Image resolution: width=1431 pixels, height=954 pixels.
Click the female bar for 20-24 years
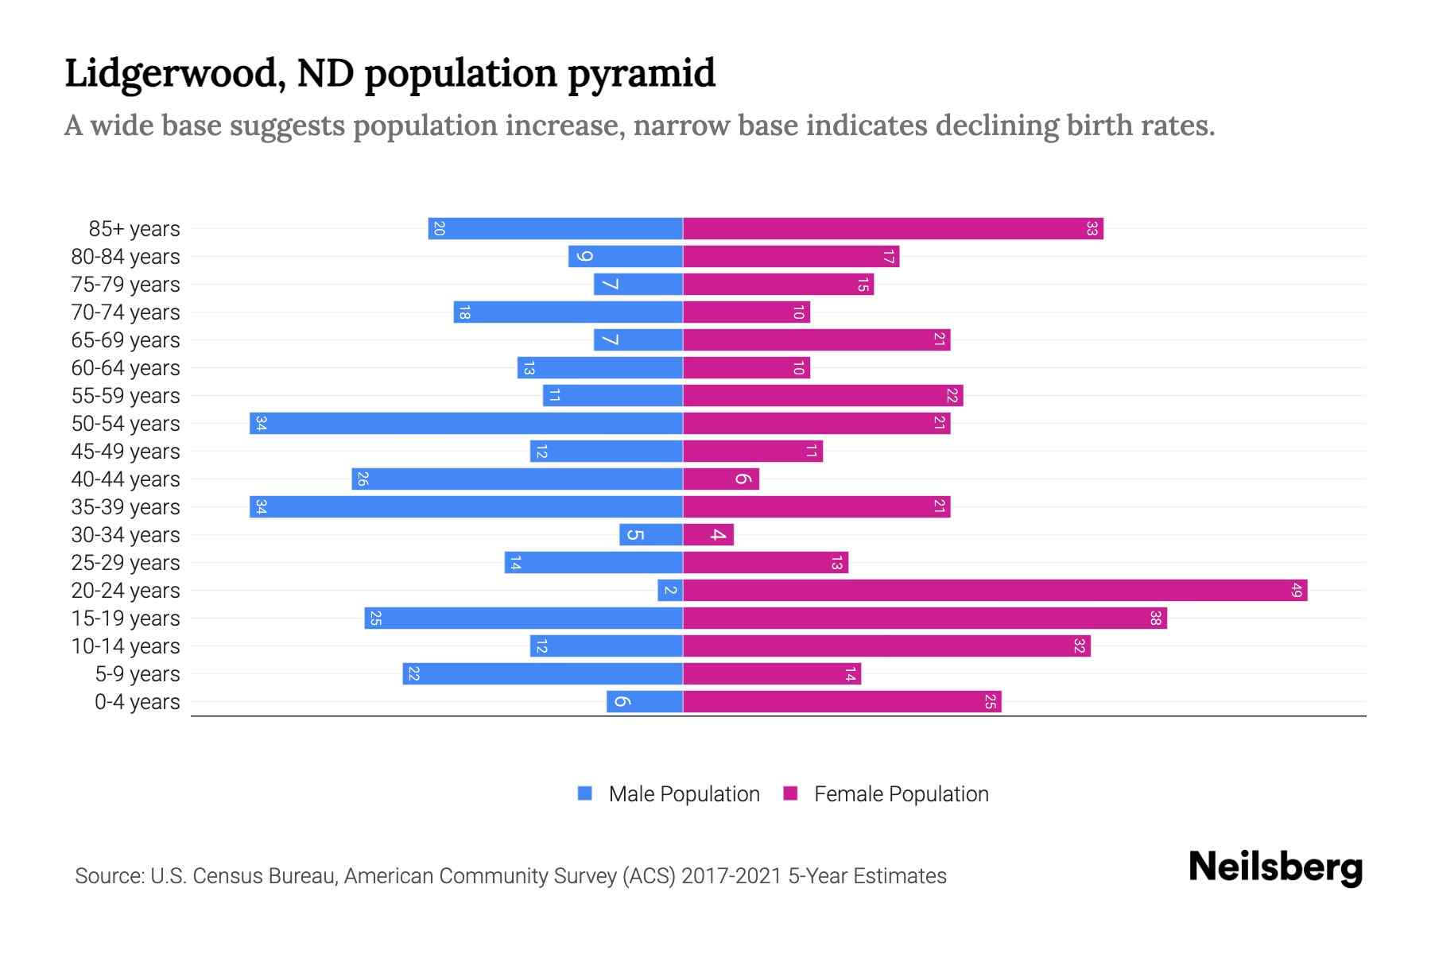click(x=994, y=591)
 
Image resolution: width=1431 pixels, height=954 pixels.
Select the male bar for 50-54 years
click(x=466, y=424)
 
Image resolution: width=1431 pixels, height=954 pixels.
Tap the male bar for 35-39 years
click(x=466, y=507)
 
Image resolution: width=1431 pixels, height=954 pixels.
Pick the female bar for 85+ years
click(x=892, y=229)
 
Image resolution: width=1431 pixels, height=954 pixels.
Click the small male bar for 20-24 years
click(x=670, y=591)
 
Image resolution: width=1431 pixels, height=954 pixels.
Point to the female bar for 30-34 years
click(x=708, y=535)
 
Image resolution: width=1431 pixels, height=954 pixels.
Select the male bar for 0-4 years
click(x=645, y=702)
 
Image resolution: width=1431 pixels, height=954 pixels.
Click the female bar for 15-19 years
click(x=924, y=619)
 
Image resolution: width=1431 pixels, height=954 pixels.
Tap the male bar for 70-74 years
click(x=568, y=312)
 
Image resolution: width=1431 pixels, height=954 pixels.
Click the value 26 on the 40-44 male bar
click(x=363, y=479)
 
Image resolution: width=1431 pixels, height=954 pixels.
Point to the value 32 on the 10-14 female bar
click(x=1079, y=646)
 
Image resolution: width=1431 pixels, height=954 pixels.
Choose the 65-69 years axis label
click(x=126, y=340)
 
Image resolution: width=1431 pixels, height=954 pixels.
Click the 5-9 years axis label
click(x=138, y=674)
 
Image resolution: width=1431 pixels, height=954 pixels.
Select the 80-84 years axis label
click(x=126, y=257)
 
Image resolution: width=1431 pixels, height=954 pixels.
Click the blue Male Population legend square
click(x=585, y=793)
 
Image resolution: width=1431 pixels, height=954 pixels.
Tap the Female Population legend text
click(x=901, y=793)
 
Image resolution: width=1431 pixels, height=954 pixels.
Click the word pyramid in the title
click(x=641, y=73)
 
